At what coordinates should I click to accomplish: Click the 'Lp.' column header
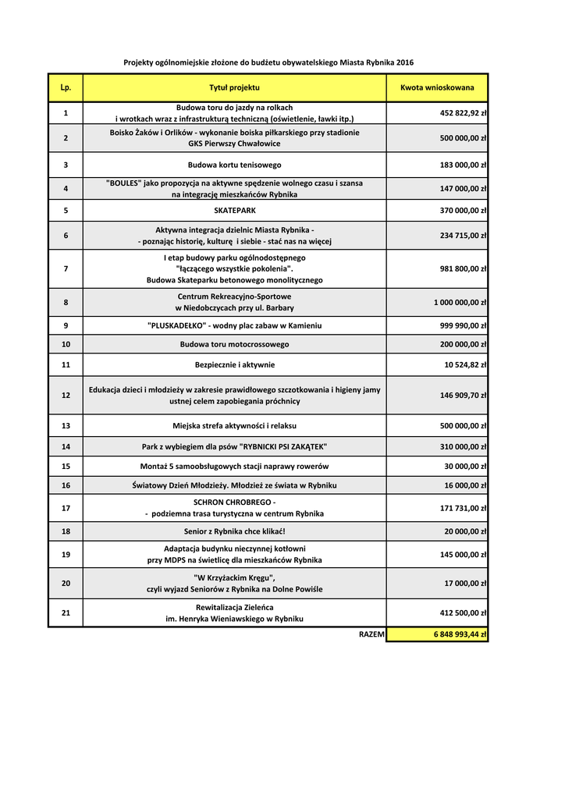click(x=66, y=88)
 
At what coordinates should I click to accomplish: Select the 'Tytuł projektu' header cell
click(x=234, y=88)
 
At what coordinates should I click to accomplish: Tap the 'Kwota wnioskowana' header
click(x=437, y=88)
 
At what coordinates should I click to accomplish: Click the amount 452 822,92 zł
click(x=464, y=113)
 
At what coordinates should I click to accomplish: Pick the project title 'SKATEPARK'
click(x=234, y=211)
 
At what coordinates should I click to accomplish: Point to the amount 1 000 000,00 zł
click(x=460, y=302)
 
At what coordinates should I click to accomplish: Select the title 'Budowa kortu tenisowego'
click(x=234, y=165)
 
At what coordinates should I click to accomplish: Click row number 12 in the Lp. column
click(x=66, y=396)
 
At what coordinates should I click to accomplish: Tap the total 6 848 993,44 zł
click(x=460, y=634)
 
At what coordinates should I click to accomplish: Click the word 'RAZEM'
click(x=371, y=634)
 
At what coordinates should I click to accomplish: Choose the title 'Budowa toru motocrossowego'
click(x=234, y=344)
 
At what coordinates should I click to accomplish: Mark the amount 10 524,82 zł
click(x=466, y=364)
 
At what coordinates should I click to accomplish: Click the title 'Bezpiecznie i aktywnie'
click(x=234, y=364)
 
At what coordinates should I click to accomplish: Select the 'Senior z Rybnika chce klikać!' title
click(x=234, y=531)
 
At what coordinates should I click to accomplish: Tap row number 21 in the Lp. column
click(x=66, y=613)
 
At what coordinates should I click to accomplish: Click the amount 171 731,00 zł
click(x=464, y=508)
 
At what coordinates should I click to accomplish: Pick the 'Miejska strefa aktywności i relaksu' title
click(x=234, y=426)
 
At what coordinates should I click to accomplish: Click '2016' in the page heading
click(x=405, y=62)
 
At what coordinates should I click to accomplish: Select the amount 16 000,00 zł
click(x=466, y=485)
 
